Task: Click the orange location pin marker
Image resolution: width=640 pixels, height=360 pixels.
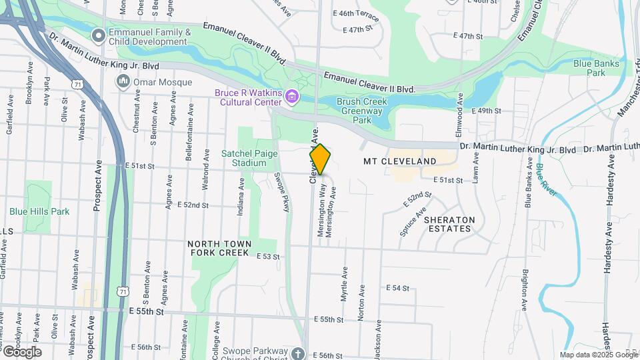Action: click(320, 159)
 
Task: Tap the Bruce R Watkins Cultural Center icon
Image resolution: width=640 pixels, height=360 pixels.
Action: click(291, 97)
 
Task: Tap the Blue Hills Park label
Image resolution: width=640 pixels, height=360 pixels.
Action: click(39, 211)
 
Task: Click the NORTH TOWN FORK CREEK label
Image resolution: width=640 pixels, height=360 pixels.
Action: click(219, 249)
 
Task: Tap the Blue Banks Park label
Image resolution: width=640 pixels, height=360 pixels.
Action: click(596, 68)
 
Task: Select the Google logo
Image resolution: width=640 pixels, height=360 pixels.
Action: click(21, 352)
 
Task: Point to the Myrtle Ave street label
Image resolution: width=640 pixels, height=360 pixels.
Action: click(345, 285)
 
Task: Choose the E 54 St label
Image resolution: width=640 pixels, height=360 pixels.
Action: click(397, 287)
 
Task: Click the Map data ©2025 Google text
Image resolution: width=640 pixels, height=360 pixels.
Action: click(598, 355)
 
